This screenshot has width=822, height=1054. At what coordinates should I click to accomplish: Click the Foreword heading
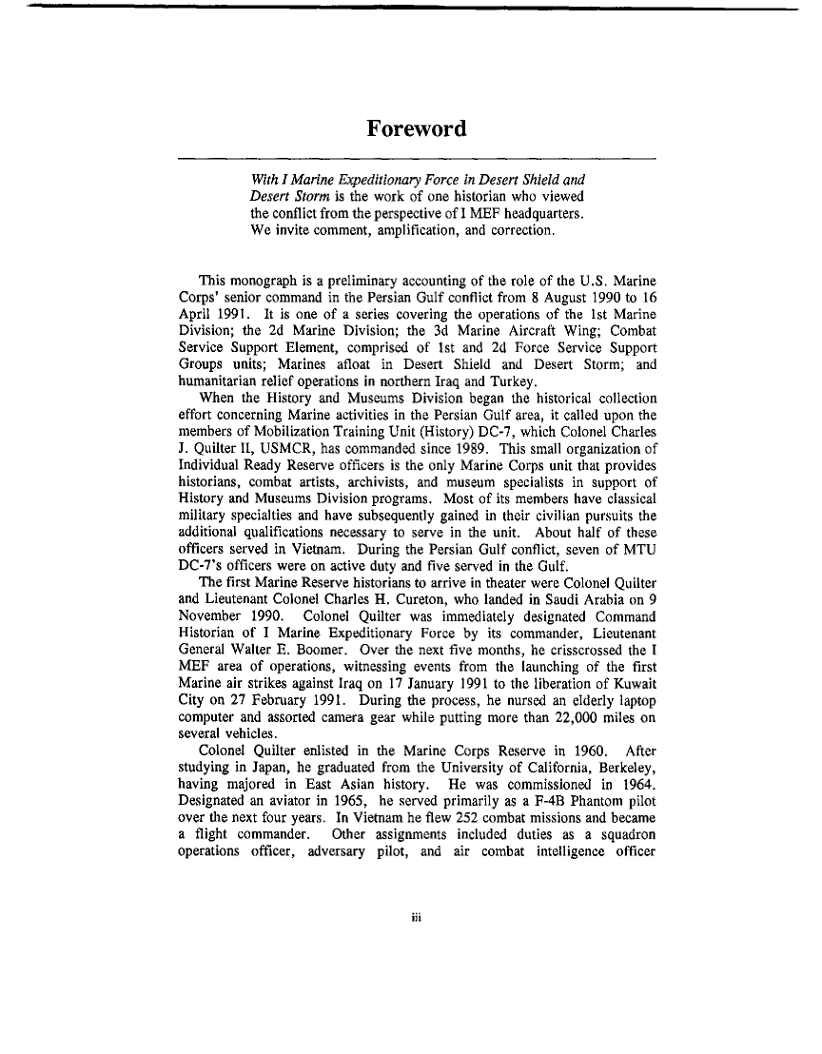(x=417, y=128)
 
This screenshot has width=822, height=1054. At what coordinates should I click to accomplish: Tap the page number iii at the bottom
(x=416, y=919)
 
